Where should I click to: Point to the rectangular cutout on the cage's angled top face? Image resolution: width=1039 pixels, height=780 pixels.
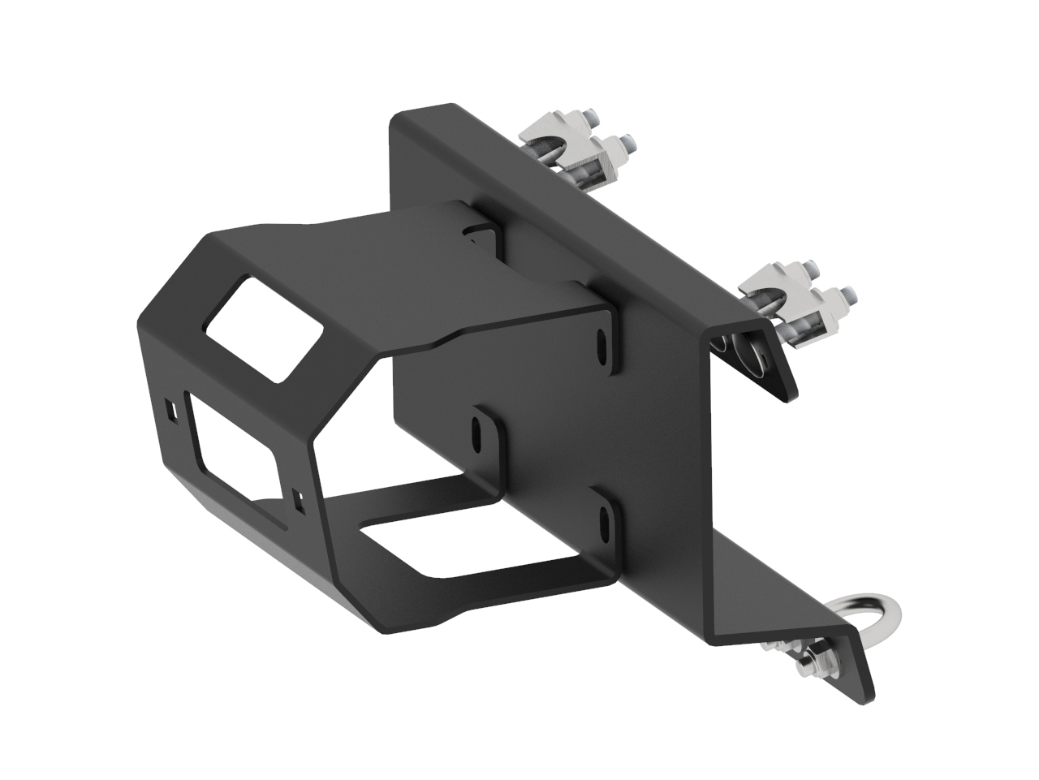(263, 327)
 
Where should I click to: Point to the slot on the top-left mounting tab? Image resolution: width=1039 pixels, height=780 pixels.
(471, 234)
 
